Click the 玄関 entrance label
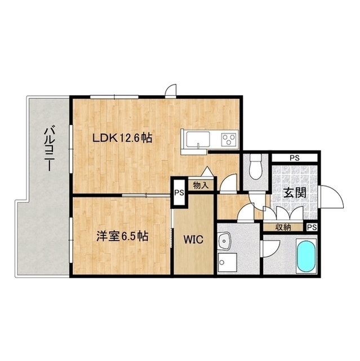[295, 192]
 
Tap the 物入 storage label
[201, 184]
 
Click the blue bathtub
[306, 257]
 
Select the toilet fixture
[255, 166]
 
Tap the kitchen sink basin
[194, 139]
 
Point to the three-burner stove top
[229, 139]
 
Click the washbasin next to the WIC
[224, 241]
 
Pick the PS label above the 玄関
[294, 157]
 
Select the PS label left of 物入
[179, 192]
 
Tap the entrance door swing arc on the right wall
[332, 197]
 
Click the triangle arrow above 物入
[207, 171]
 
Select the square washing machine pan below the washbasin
[228, 263]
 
